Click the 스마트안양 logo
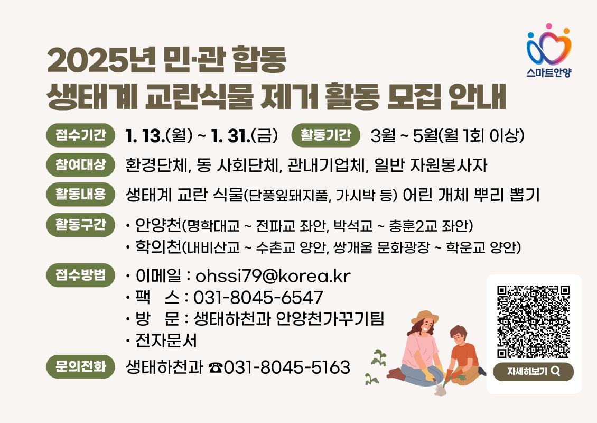[549, 50]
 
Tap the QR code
[533, 322]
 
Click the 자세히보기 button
[533, 372]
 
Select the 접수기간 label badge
[80, 135]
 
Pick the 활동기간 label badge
[325, 135]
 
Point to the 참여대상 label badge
[80, 164]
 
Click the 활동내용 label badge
[80, 194]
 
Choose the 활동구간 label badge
[80, 225]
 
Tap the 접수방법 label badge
[80, 275]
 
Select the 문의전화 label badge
[80, 366]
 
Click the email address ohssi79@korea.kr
[273, 276]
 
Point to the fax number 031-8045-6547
[258, 298]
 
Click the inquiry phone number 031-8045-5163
[287, 367]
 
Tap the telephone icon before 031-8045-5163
[216, 367]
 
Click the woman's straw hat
[425, 317]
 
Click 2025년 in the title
[101, 60]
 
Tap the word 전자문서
[166, 341]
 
